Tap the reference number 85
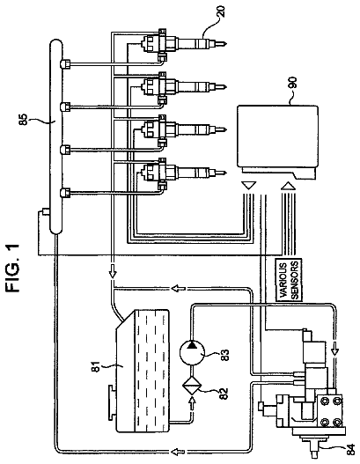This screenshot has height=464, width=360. point(24,120)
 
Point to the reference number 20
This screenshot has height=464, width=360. point(222,11)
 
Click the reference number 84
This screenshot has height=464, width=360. point(350,450)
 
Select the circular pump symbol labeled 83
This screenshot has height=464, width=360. point(192,352)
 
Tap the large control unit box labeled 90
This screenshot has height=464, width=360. point(277,142)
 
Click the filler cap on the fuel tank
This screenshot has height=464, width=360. point(112,402)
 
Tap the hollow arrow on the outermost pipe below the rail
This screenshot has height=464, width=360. point(178,452)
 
